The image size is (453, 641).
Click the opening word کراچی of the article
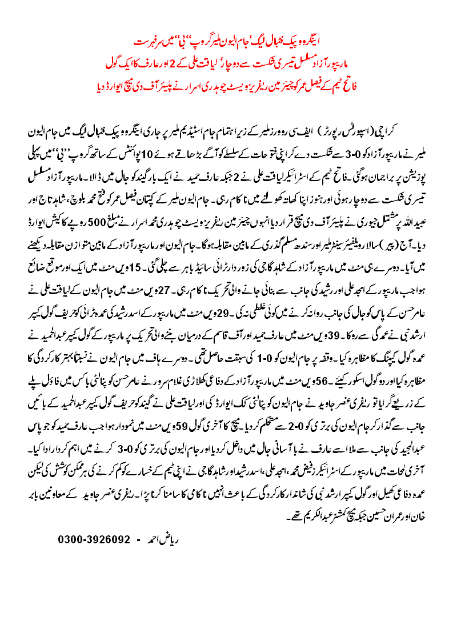click(417, 133)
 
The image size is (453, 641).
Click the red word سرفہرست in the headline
click(147, 43)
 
